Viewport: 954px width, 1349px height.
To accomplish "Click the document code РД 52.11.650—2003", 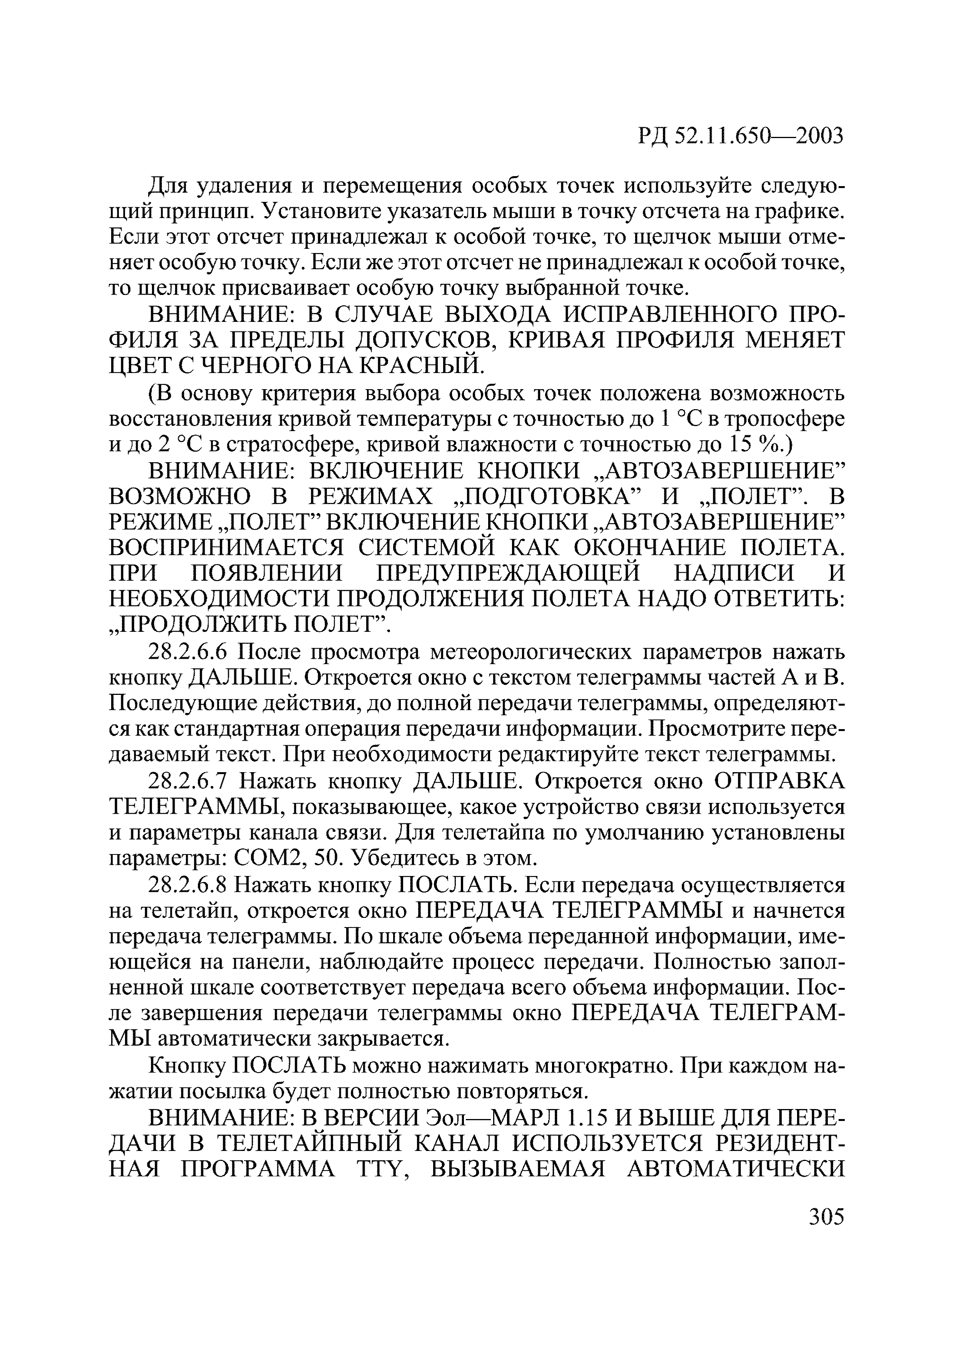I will pos(740,136).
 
